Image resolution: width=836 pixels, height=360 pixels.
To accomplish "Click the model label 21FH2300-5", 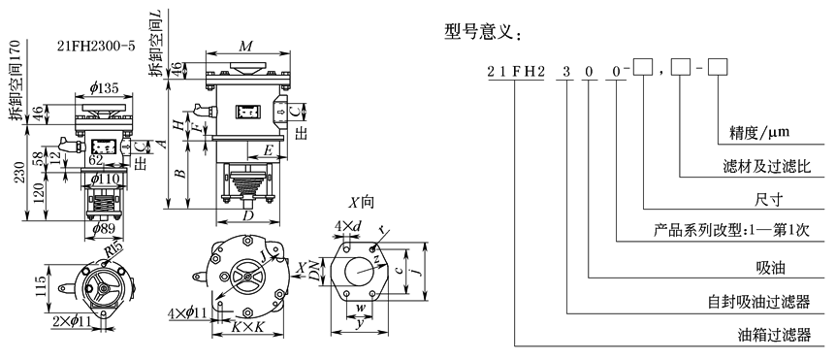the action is pos(95,46).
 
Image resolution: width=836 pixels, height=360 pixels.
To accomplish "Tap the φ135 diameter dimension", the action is pos(104,88).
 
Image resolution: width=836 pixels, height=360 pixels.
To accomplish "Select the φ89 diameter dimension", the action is pos(104,229).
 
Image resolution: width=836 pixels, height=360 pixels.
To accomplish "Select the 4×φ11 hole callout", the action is pos(187,312).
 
